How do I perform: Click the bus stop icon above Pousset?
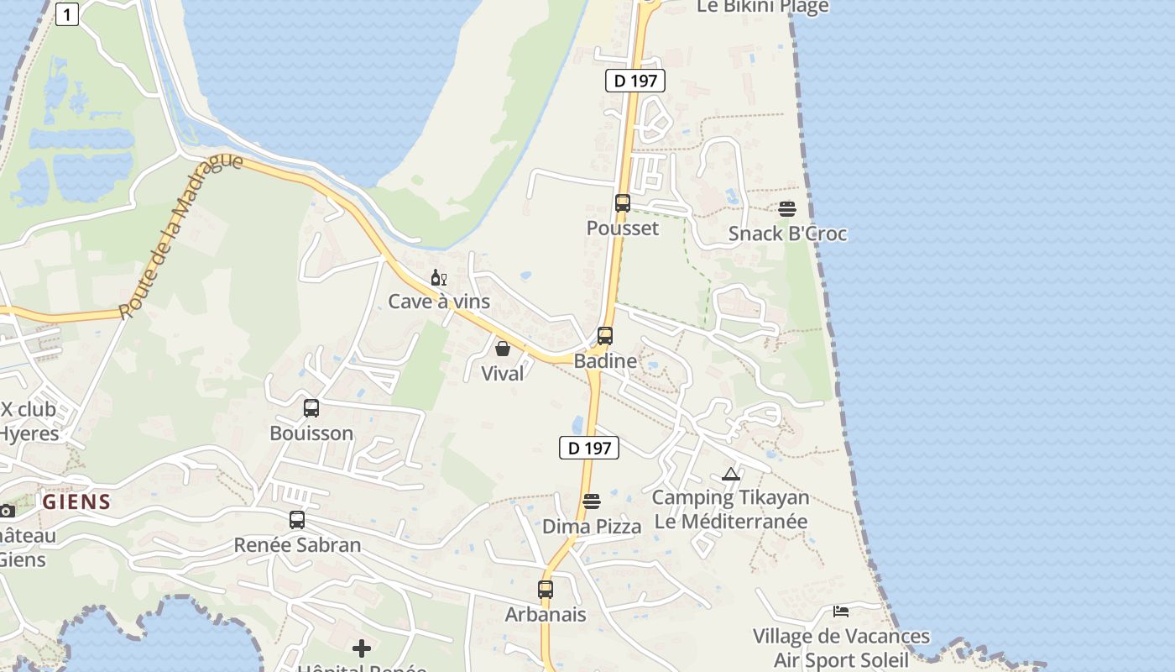coord(622,202)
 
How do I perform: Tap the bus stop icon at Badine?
coord(604,336)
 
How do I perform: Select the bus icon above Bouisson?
coord(311,408)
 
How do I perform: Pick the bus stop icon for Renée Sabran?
coord(297,520)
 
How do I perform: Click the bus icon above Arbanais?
coord(546,590)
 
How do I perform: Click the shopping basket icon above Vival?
coord(503,349)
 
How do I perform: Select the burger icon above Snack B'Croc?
coord(787,209)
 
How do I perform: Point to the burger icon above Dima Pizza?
coord(592,501)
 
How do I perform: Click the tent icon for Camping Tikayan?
coord(731,474)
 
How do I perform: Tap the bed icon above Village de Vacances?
coord(841,611)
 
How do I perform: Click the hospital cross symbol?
coord(362,648)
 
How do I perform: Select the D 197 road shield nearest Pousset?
coord(635,81)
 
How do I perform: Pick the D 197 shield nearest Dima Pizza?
coord(589,448)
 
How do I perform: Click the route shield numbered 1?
coord(67,14)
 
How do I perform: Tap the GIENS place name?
coord(77,502)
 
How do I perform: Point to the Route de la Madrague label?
coord(180,236)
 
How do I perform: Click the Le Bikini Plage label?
coord(763,7)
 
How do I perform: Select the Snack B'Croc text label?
coord(787,234)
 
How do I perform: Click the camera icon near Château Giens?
coord(7,511)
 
